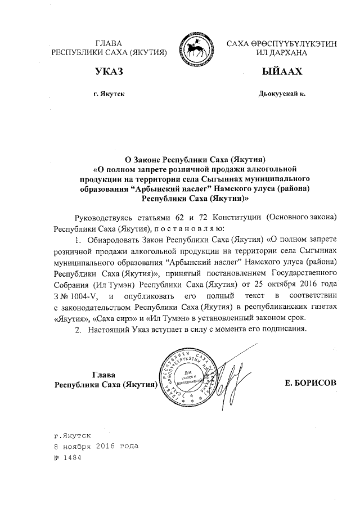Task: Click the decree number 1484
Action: (x=73, y=457)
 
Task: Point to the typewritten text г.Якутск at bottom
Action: (x=73, y=435)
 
